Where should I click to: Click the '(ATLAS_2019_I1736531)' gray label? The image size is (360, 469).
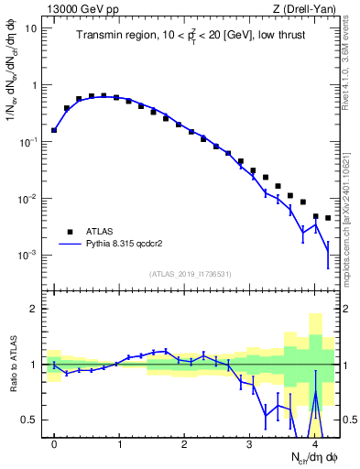point(191,274)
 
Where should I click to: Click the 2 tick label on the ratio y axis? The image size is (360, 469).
point(35,309)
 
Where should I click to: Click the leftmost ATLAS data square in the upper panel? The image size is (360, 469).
point(54,130)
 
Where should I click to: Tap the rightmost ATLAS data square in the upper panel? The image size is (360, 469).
point(327,218)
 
